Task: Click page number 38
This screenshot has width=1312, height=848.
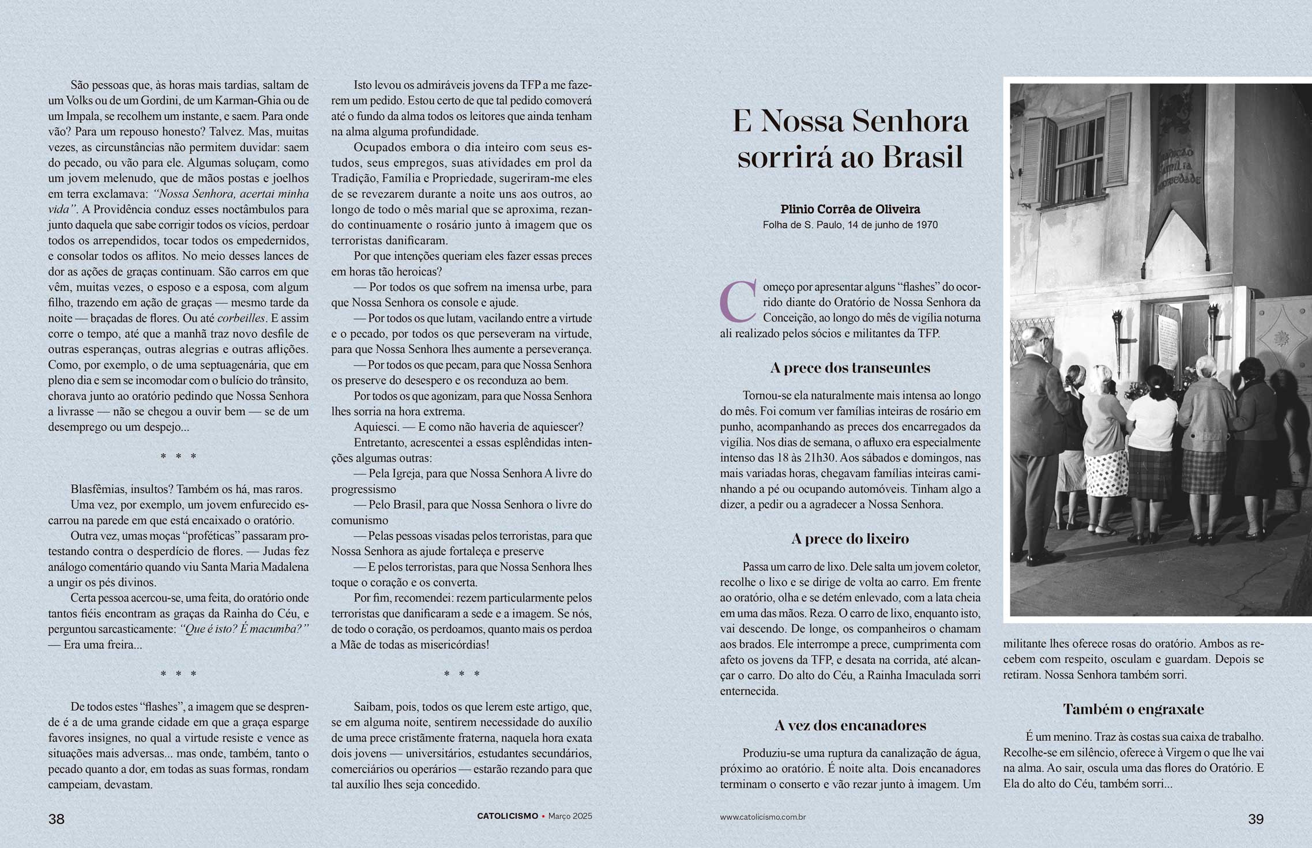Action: (56, 819)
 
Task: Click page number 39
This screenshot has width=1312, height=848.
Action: (1255, 819)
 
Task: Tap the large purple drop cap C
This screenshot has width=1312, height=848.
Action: (738, 301)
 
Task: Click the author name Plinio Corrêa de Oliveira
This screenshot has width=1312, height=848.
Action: (850, 209)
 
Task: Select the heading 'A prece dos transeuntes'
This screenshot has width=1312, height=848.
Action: (850, 368)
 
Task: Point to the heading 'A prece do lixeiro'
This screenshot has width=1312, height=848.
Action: (850, 539)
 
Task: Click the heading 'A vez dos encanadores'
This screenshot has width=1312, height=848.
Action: (850, 725)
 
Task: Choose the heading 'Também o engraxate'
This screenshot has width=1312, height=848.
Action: (1133, 709)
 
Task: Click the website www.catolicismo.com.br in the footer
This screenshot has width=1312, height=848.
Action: (762, 817)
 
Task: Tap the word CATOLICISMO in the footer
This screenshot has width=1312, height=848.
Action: (507, 816)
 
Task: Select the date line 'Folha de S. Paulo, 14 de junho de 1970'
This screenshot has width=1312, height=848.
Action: (850, 225)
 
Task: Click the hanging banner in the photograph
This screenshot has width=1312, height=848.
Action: (1176, 173)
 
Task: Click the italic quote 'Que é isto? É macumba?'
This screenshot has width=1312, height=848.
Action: (245, 629)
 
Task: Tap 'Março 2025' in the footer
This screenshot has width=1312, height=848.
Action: (570, 816)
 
